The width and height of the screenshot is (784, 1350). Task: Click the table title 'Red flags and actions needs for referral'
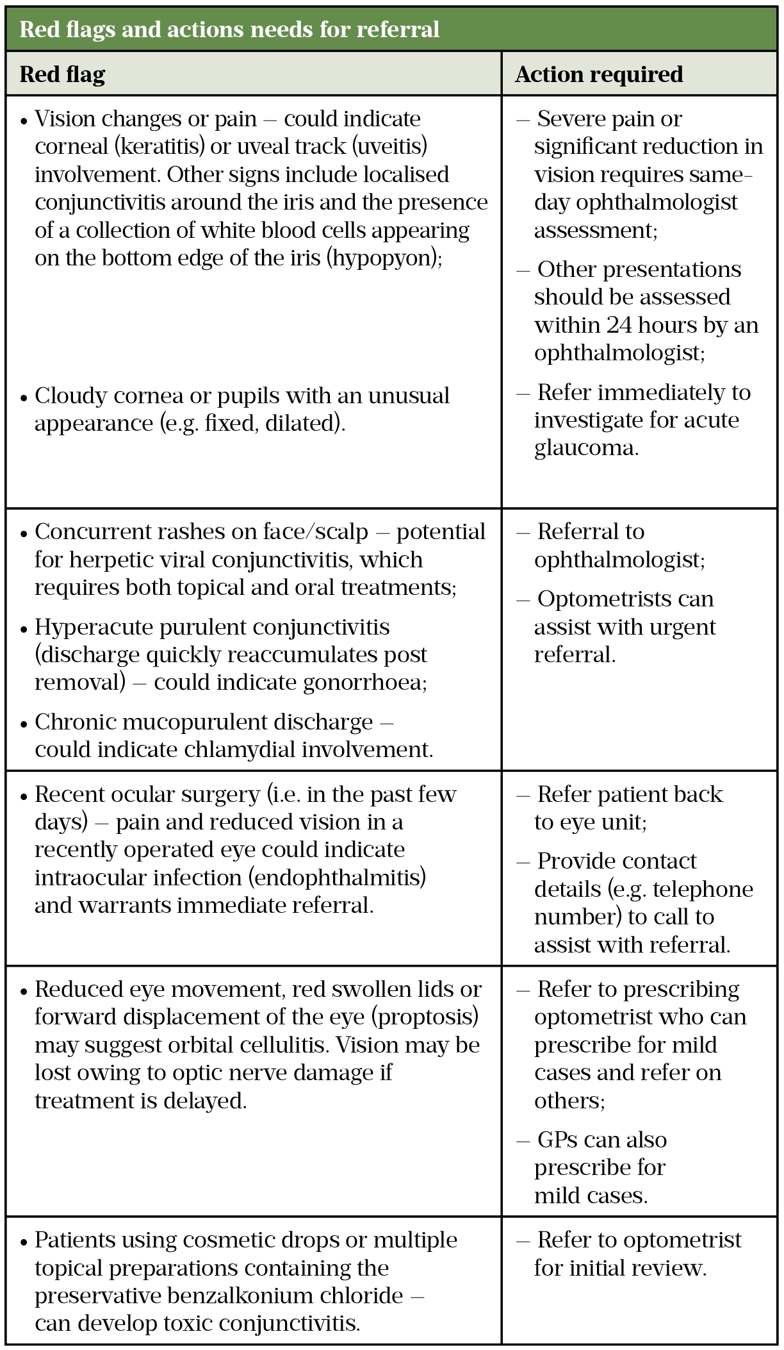pos(229,29)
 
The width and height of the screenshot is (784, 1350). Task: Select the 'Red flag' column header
pos(62,74)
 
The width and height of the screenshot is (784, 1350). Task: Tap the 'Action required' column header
pos(599,74)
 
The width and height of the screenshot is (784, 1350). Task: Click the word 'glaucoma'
pos(585,447)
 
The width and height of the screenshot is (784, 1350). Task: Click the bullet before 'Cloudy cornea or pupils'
pos(24,397)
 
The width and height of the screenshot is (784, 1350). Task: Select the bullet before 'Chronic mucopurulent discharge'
pos(24,724)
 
